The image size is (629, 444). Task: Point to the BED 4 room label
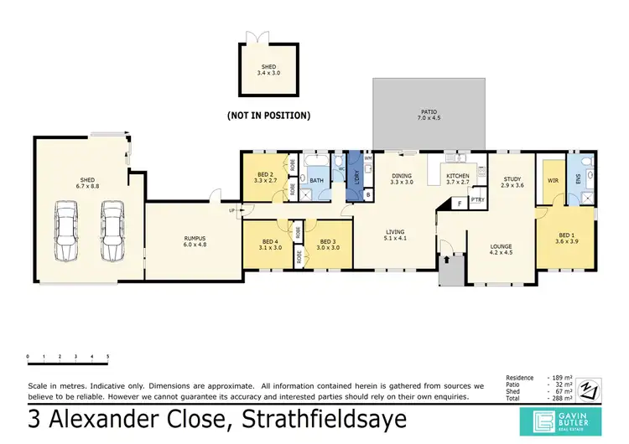pyautogui.click(x=271, y=244)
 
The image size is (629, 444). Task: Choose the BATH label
pyautogui.click(x=317, y=180)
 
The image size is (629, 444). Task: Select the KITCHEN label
pyautogui.click(x=460, y=178)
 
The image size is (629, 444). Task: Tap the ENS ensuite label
pyautogui.click(x=578, y=178)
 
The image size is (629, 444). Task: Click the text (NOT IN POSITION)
pyautogui.click(x=269, y=115)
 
